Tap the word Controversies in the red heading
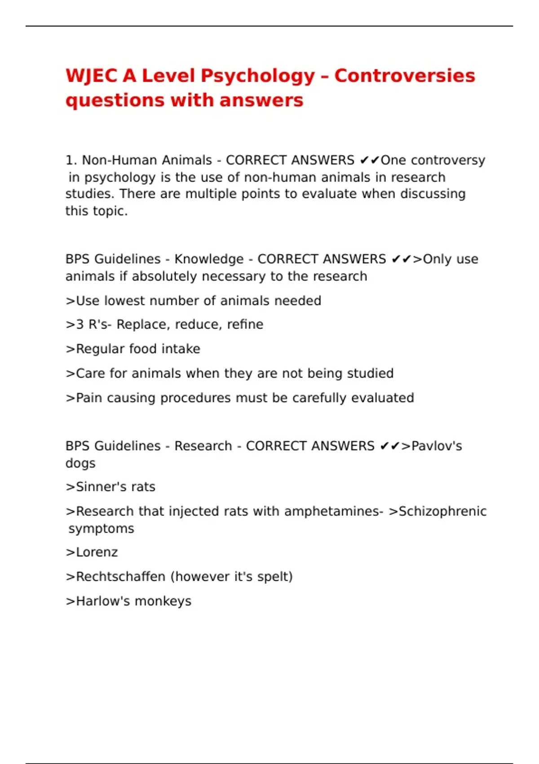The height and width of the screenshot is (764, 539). click(404, 76)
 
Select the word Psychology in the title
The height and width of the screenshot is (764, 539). click(257, 76)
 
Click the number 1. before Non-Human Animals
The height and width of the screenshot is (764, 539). click(71, 160)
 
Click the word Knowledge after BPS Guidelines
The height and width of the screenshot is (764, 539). click(209, 259)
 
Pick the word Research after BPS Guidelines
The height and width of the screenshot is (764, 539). click(203, 446)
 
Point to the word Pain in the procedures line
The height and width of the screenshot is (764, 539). click(89, 398)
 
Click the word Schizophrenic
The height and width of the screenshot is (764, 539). click(442, 511)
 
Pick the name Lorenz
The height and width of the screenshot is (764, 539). click(97, 552)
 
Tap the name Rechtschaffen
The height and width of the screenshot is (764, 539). click(120, 577)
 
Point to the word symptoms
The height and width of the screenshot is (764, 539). click(101, 529)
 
